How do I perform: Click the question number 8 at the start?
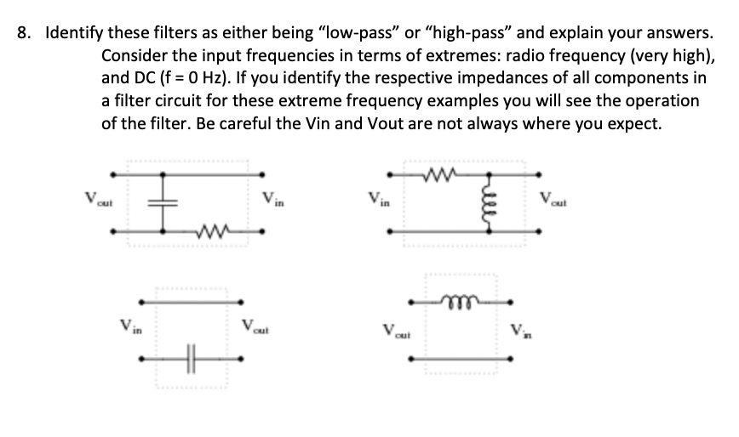[23, 35]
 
